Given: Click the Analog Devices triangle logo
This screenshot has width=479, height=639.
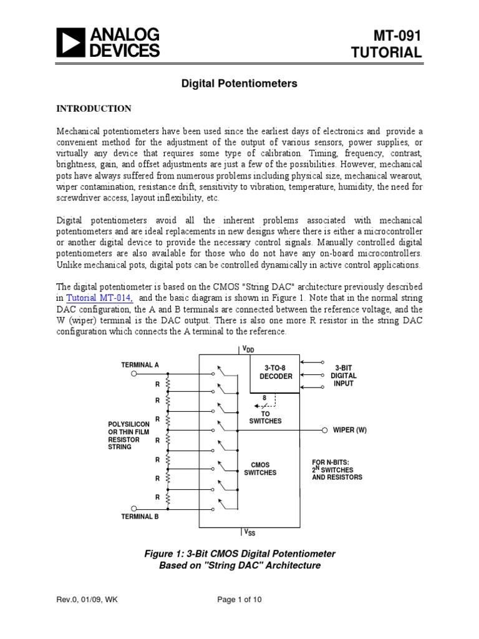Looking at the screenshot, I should [70, 42].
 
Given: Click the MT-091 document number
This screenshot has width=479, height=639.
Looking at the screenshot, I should [398, 36].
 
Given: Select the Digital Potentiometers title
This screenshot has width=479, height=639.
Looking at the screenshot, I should [239, 83].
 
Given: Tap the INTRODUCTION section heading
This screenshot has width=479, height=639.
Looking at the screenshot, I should [94, 109].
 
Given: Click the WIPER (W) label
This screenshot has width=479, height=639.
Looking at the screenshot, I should [350, 431].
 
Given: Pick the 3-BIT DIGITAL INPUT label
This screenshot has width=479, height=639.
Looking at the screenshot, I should [343, 376].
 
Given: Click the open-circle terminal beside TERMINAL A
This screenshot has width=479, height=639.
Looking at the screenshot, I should [133, 374].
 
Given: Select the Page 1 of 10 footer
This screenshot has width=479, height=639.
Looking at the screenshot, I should [239, 618].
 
